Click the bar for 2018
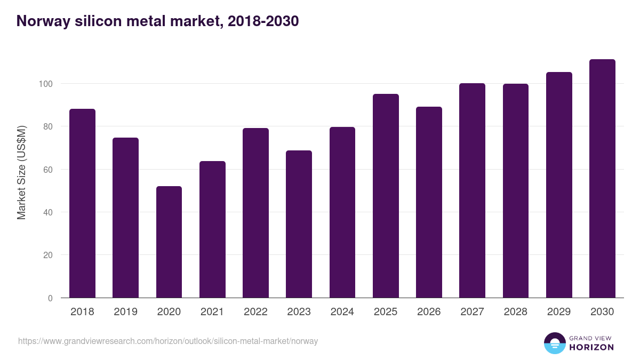click(82, 203)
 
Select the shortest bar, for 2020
click(169, 242)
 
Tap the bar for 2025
click(386, 196)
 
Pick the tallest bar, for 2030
click(602, 179)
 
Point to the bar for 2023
click(299, 224)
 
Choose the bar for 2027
click(472, 190)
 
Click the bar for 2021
click(212, 229)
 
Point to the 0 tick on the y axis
click(50, 298)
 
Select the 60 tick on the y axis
click(48, 170)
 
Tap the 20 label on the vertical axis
click(48, 255)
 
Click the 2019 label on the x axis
click(125, 312)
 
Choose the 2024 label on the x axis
click(342, 312)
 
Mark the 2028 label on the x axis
click(515, 312)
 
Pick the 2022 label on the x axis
click(255, 312)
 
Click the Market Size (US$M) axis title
click(21, 172)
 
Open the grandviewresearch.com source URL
click(168, 341)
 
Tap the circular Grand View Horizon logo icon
click(555, 343)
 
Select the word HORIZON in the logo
click(592, 347)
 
